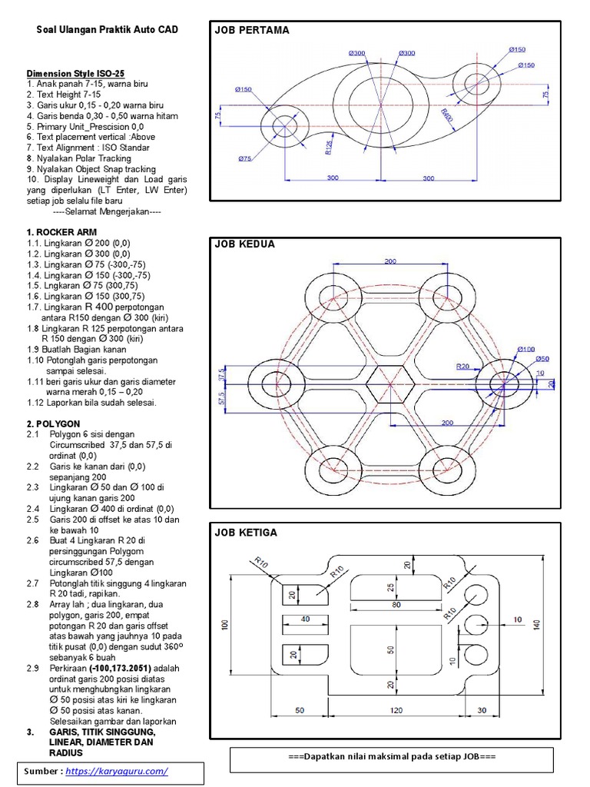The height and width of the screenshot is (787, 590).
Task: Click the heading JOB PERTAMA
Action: click(x=252, y=31)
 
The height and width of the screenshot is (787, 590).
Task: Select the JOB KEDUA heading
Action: click(x=244, y=244)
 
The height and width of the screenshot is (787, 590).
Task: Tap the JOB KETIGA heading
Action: click(x=246, y=533)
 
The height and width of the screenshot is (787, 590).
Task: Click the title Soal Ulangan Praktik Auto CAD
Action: click(x=108, y=30)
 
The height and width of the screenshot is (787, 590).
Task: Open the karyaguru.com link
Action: click(x=117, y=771)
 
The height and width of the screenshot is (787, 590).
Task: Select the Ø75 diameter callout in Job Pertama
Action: click(x=245, y=158)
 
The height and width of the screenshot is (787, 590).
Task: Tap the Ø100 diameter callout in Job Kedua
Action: click(x=525, y=349)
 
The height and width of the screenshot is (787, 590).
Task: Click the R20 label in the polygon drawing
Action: click(x=462, y=367)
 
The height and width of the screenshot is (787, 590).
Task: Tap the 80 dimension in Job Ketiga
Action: click(x=396, y=605)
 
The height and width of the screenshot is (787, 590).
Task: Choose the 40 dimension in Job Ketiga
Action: click(x=305, y=619)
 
